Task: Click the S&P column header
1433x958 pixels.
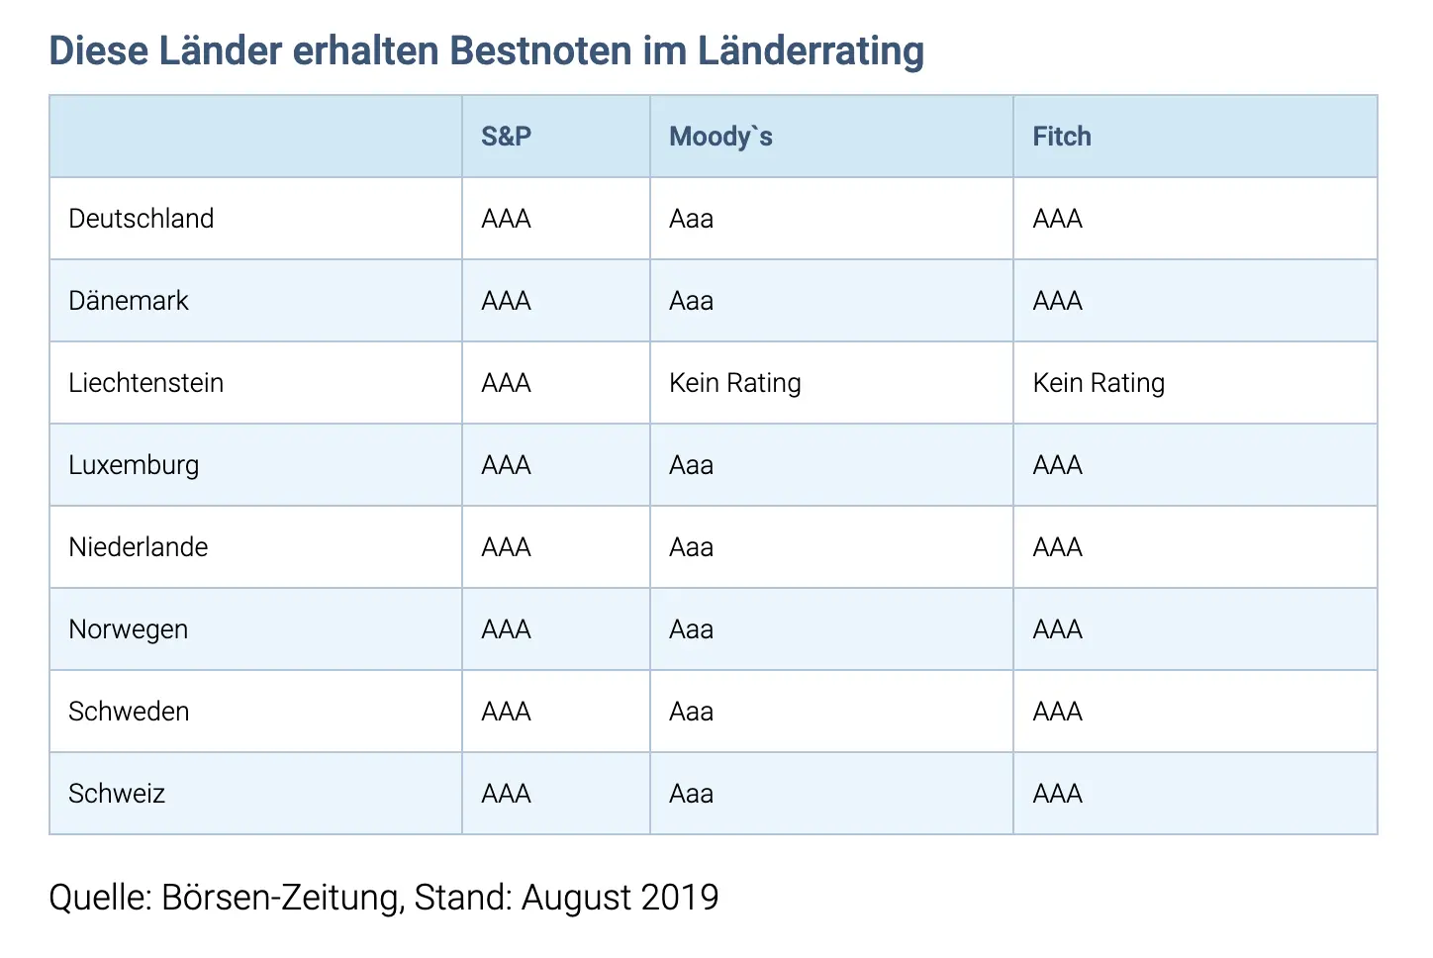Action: pyautogui.click(x=506, y=137)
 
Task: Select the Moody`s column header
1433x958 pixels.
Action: pyautogui.click(x=720, y=137)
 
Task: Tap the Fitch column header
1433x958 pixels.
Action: pyautogui.click(x=1062, y=137)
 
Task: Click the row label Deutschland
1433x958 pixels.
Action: pyautogui.click(x=141, y=218)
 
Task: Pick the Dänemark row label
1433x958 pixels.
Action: pyautogui.click(x=129, y=300)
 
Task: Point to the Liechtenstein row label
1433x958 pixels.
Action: pyautogui.click(x=145, y=383)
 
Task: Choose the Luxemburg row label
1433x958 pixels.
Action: pyautogui.click(x=134, y=465)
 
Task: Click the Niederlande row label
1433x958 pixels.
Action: pyautogui.click(x=139, y=547)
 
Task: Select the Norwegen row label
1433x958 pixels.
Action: pyautogui.click(x=128, y=629)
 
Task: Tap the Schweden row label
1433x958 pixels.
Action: pyautogui.click(x=129, y=712)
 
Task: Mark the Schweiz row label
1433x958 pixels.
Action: pyautogui.click(x=117, y=794)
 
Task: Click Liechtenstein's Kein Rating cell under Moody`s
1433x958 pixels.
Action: pyautogui.click(x=735, y=383)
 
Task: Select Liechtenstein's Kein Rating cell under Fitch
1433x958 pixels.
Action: pyautogui.click(x=1099, y=383)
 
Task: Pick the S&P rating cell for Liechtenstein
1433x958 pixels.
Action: pyautogui.click(x=506, y=383)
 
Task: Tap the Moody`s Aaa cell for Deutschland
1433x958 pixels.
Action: pyautogui.click(x=691, y=219)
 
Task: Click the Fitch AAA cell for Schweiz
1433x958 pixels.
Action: pyautogui.click(x=1058, y=794)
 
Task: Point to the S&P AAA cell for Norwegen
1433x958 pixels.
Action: pyautogui.click(x=506, y=629)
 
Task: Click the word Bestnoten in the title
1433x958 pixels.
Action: pyautogui.click(x=540, y=49)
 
